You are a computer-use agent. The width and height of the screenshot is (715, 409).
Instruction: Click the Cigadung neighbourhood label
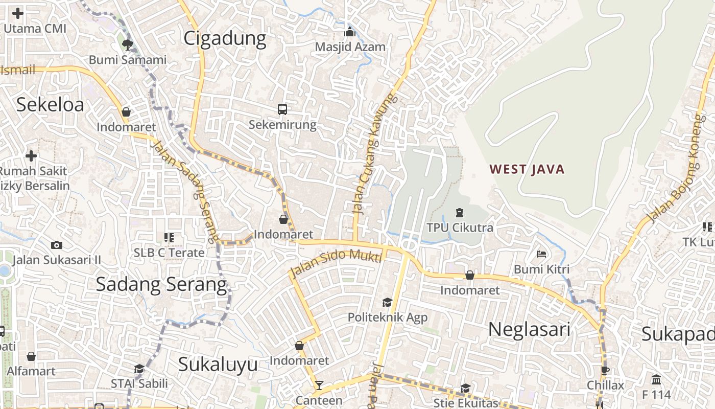click(225, 38)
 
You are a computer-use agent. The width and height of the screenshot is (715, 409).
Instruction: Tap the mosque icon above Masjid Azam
click(350, 32)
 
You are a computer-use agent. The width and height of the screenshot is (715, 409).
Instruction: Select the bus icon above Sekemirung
click(282, 109)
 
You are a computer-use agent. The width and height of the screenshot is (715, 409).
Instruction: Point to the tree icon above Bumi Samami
click(127, 44)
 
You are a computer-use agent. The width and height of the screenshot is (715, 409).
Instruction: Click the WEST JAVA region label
click(527, 169)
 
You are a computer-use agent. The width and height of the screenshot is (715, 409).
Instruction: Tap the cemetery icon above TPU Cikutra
click(459, 212)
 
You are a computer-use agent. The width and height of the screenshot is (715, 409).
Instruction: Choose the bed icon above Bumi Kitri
click(541, 254)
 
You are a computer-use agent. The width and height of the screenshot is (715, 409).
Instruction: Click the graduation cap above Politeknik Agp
click(387, 302)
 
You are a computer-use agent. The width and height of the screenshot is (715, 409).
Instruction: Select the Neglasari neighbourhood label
click(529, 330)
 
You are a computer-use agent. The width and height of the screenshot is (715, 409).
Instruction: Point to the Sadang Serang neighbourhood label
click(161, 284)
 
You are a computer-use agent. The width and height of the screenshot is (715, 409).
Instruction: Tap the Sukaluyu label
click(218, 365)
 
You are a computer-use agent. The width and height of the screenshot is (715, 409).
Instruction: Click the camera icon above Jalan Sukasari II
click(57, 245)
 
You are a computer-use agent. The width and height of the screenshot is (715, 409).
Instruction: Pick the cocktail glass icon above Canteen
click(319, 385)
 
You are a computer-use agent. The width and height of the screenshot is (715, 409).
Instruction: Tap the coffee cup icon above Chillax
click(605, 370)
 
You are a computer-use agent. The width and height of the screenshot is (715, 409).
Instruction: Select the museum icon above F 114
click(656, 379)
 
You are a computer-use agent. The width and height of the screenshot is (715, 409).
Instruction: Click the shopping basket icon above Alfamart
click(31, 356)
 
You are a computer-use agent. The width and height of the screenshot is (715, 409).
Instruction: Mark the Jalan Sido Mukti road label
click(336, 261)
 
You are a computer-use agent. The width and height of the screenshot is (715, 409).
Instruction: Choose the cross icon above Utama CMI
click(18, 13)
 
